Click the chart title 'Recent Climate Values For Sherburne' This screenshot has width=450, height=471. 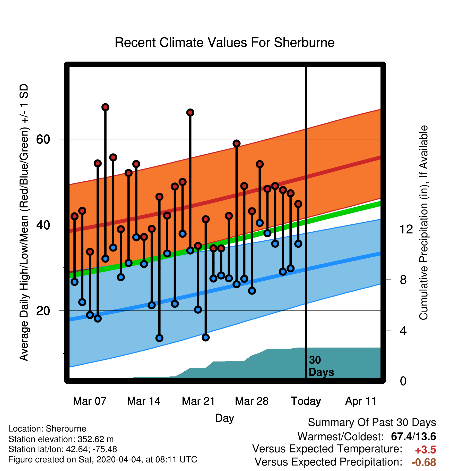[x=224, y=43]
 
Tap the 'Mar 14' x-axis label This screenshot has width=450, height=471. [x=144, y=401]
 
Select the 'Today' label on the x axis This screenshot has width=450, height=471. [x=306, y=401]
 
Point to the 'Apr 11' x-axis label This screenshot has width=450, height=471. [x=360, y=401]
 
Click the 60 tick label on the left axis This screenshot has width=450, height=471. [x=43, y=139]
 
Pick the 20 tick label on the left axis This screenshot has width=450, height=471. [x=43, y=311]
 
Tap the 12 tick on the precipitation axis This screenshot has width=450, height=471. [x=406, y=229]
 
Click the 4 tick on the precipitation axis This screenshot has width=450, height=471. [x=403, y=330]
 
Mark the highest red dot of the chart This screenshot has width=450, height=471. [x=105, y=107]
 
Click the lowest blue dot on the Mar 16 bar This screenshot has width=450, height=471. [x=159, y=338]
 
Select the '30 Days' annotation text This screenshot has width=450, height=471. [x=321, y=366]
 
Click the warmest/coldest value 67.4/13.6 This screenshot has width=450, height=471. [x=413, y=436]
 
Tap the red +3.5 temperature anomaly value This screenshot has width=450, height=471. [x=426, y=450]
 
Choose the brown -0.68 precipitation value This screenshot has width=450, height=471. [x=424, y=462]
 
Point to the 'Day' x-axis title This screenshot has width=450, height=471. [x=224, y=418]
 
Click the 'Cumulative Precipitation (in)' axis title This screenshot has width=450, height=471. [x=423, y=251]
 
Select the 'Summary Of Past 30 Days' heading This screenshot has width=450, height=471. [x=372, y=423]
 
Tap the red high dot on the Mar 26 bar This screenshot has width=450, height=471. [x=237, y=144]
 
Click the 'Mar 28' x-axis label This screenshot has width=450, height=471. [x=252, y=401]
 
